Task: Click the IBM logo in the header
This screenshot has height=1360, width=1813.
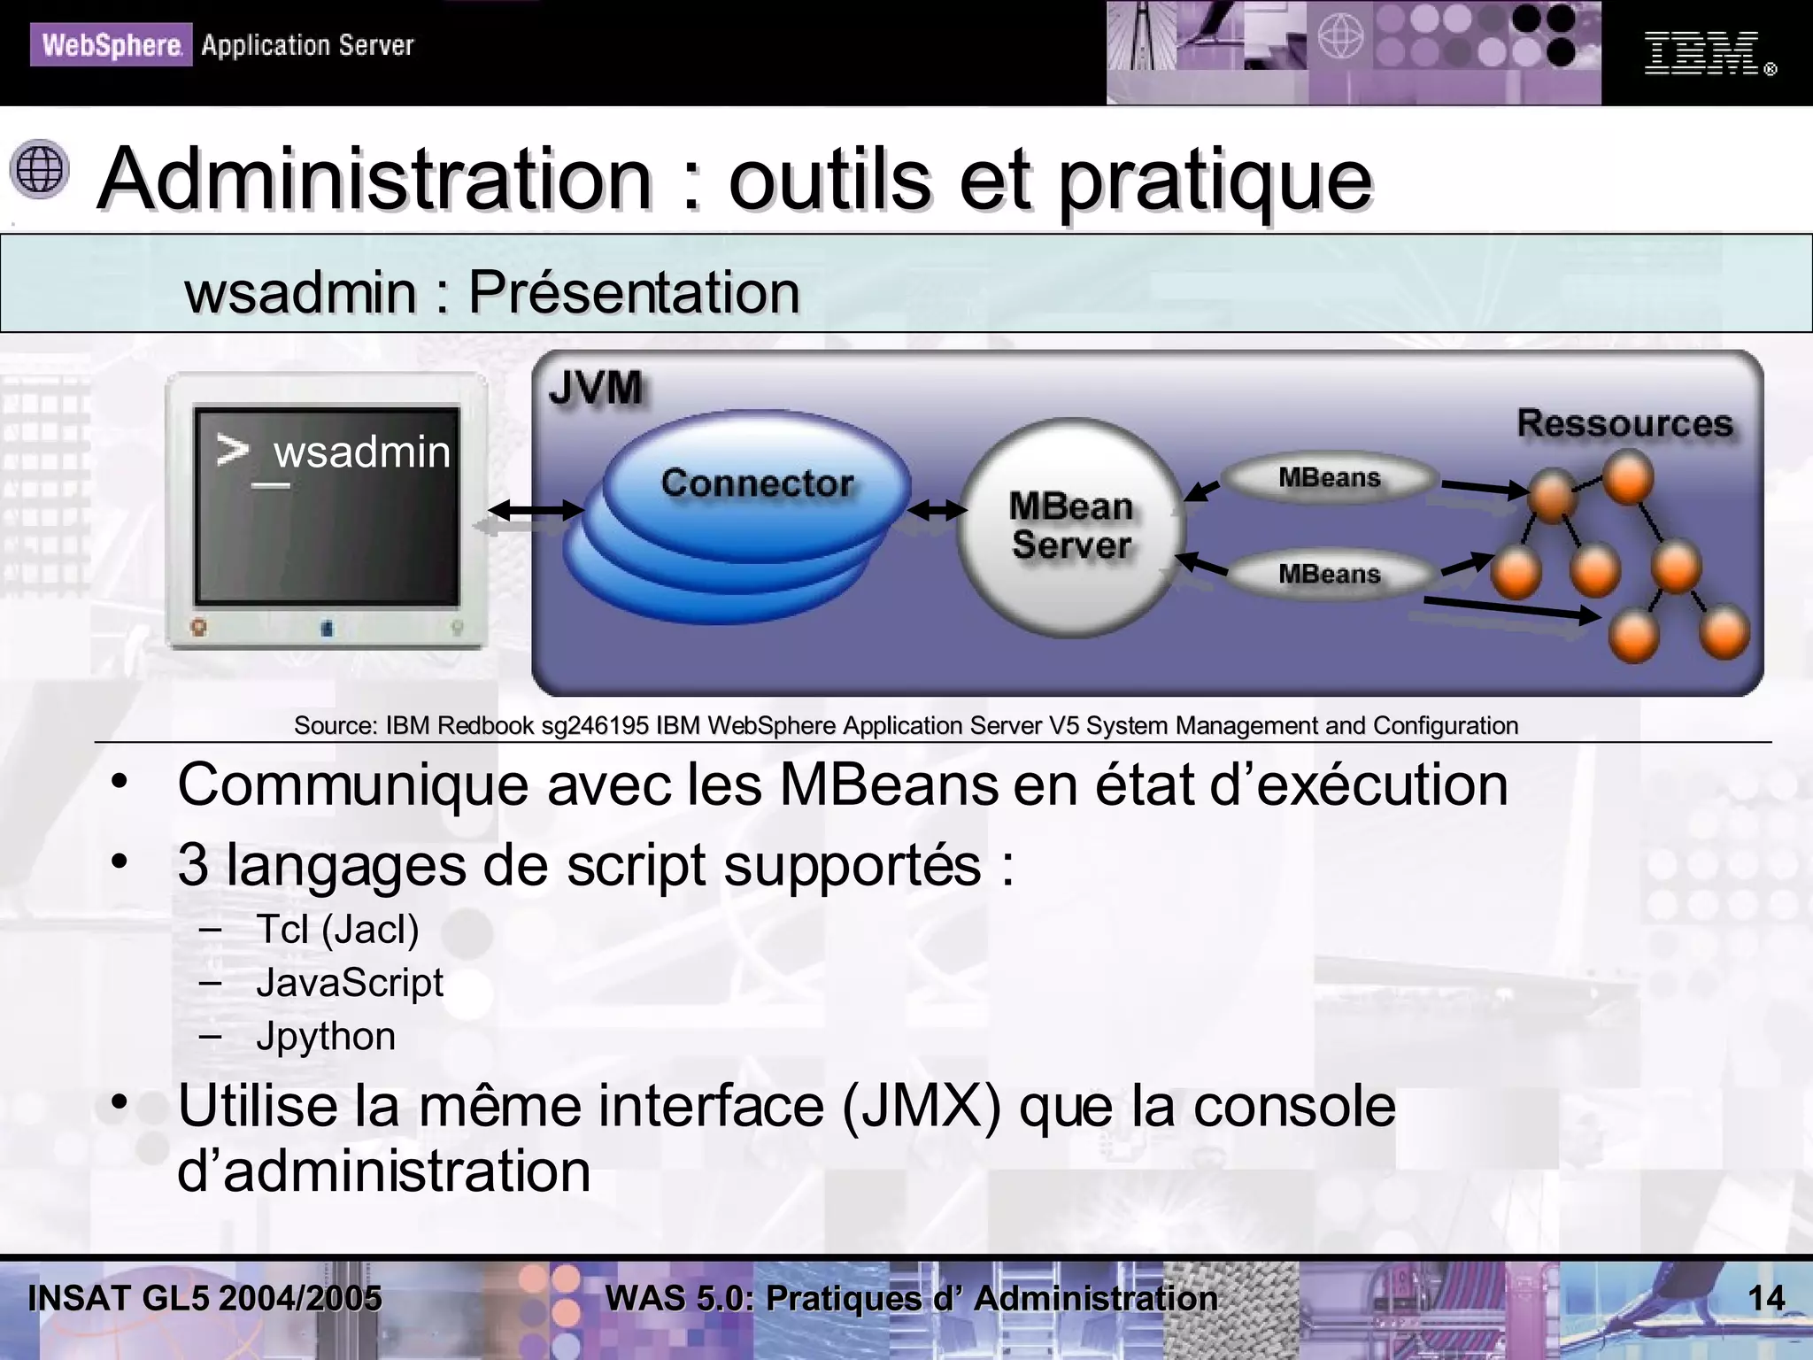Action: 1701,53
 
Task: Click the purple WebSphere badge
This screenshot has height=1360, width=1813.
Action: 111,45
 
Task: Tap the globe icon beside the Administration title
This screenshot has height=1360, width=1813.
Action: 40,168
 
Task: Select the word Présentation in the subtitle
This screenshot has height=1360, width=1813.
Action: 634,292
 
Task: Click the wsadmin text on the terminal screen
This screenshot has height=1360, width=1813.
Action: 361,452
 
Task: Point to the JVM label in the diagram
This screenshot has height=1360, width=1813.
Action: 595,388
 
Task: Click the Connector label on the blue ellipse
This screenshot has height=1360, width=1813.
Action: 757,483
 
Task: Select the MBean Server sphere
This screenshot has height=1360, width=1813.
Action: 1070,527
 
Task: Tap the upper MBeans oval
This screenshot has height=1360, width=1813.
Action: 1329,478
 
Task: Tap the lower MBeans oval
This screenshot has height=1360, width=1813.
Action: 1329,574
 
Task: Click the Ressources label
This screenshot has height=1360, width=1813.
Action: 1624,423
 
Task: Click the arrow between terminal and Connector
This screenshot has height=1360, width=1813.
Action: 536,510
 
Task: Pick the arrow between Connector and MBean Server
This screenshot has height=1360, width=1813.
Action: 937,510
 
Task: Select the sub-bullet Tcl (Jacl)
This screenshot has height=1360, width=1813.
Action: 337,930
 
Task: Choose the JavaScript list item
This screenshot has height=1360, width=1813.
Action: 350,983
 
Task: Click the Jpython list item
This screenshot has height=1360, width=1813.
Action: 326,1036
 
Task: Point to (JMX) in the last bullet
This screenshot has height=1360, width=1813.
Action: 921,1107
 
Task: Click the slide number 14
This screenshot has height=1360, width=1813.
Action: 1766,1299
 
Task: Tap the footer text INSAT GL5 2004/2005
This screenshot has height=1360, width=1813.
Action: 204,1299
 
